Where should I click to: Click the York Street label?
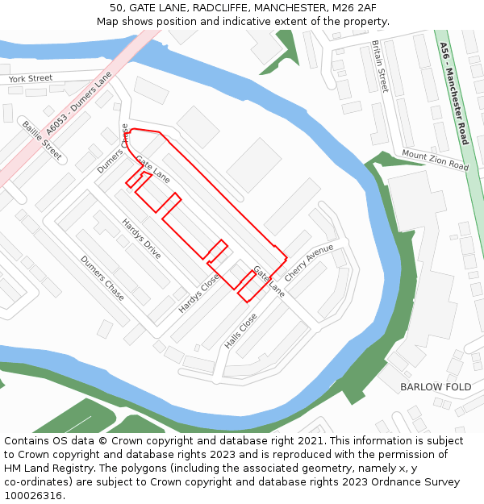coord(30,79)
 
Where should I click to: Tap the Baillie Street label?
coord(42,139)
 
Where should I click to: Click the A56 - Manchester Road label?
coord(454,94)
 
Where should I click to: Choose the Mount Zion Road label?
coord(435,160)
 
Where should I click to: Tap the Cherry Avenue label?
coord(309,263)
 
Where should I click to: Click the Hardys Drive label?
coord(141,238)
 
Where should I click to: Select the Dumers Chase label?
coord(102,278)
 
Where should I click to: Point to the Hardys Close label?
coord(198,294)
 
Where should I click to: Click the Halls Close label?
coord(240,331)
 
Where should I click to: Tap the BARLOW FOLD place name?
coord(436,386)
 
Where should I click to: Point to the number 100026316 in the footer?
coord(31,495)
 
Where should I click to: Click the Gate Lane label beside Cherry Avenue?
coord(269,280)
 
